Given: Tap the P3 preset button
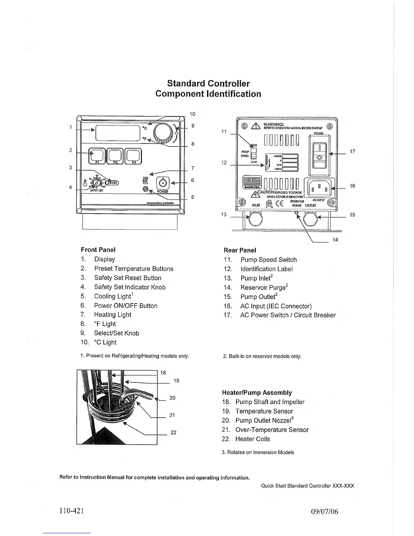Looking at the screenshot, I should pyautogui.click(x=134, y=156).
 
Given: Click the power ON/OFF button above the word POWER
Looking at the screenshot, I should pyautogui.click(x=163, y=183).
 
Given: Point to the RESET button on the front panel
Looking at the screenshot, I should pyautogui.click(x=112, y=183).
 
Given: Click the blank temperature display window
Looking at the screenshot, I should pyautogui.click(x=118, y=133).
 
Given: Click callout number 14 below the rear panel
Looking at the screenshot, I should pyautogui.click(x=335, y=240).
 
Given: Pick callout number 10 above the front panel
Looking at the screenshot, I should pyautogui.click(x=192, y=114).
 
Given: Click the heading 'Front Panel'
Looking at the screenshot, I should pyautogui.click(x=98, y=250).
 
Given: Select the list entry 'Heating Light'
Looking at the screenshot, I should pyautogui.click(x=113, y=315).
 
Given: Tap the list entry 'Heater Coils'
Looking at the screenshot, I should pyautogui.click(x=253, y=439).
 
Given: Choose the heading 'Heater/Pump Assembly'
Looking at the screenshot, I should pyautogui.click(x=257, y=393).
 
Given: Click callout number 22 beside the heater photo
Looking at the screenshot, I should pyautogui.click(x=173, y=432).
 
